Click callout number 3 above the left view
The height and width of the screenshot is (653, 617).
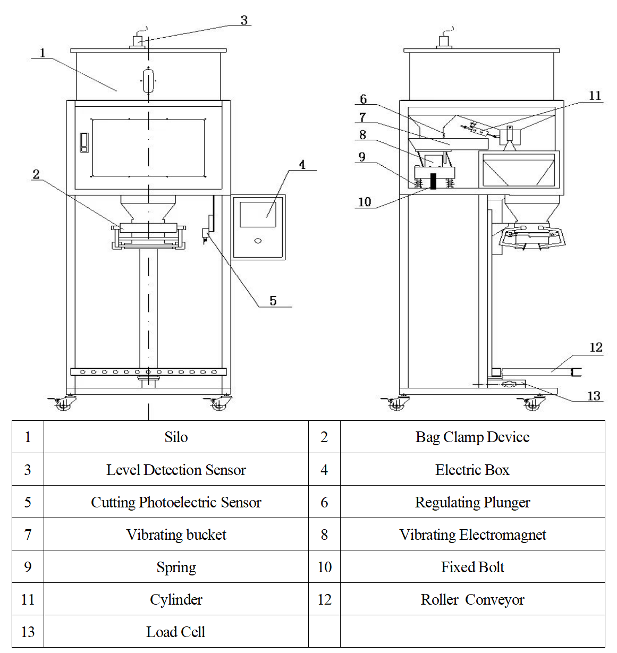[x=244, y=20]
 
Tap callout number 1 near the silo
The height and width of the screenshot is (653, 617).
[x=43, y=53]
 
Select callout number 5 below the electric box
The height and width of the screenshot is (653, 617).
[x=273, y=301]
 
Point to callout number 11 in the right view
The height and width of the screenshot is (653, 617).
[x=595, y=96]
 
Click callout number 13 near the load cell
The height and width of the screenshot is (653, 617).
[x=594, y=396]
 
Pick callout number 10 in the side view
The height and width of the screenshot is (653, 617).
[x=365, y=202]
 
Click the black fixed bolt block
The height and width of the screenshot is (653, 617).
[x=433, y=181]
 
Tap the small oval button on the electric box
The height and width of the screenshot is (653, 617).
[x=258, y=241]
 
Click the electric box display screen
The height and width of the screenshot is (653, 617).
[x=258, y=214]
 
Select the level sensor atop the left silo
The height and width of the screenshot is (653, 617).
[x=138, y=41]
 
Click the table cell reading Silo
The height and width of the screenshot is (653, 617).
[x=176, y=437]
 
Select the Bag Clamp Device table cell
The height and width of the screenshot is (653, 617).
[x=472, y=437]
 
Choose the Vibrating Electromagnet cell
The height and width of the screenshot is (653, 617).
[x=472, y=535]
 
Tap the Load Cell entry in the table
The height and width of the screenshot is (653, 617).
[x=176, y=632]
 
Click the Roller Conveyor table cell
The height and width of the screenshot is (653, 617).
[x=472, y=599]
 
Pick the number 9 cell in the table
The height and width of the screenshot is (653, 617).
[x=28, y=567]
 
